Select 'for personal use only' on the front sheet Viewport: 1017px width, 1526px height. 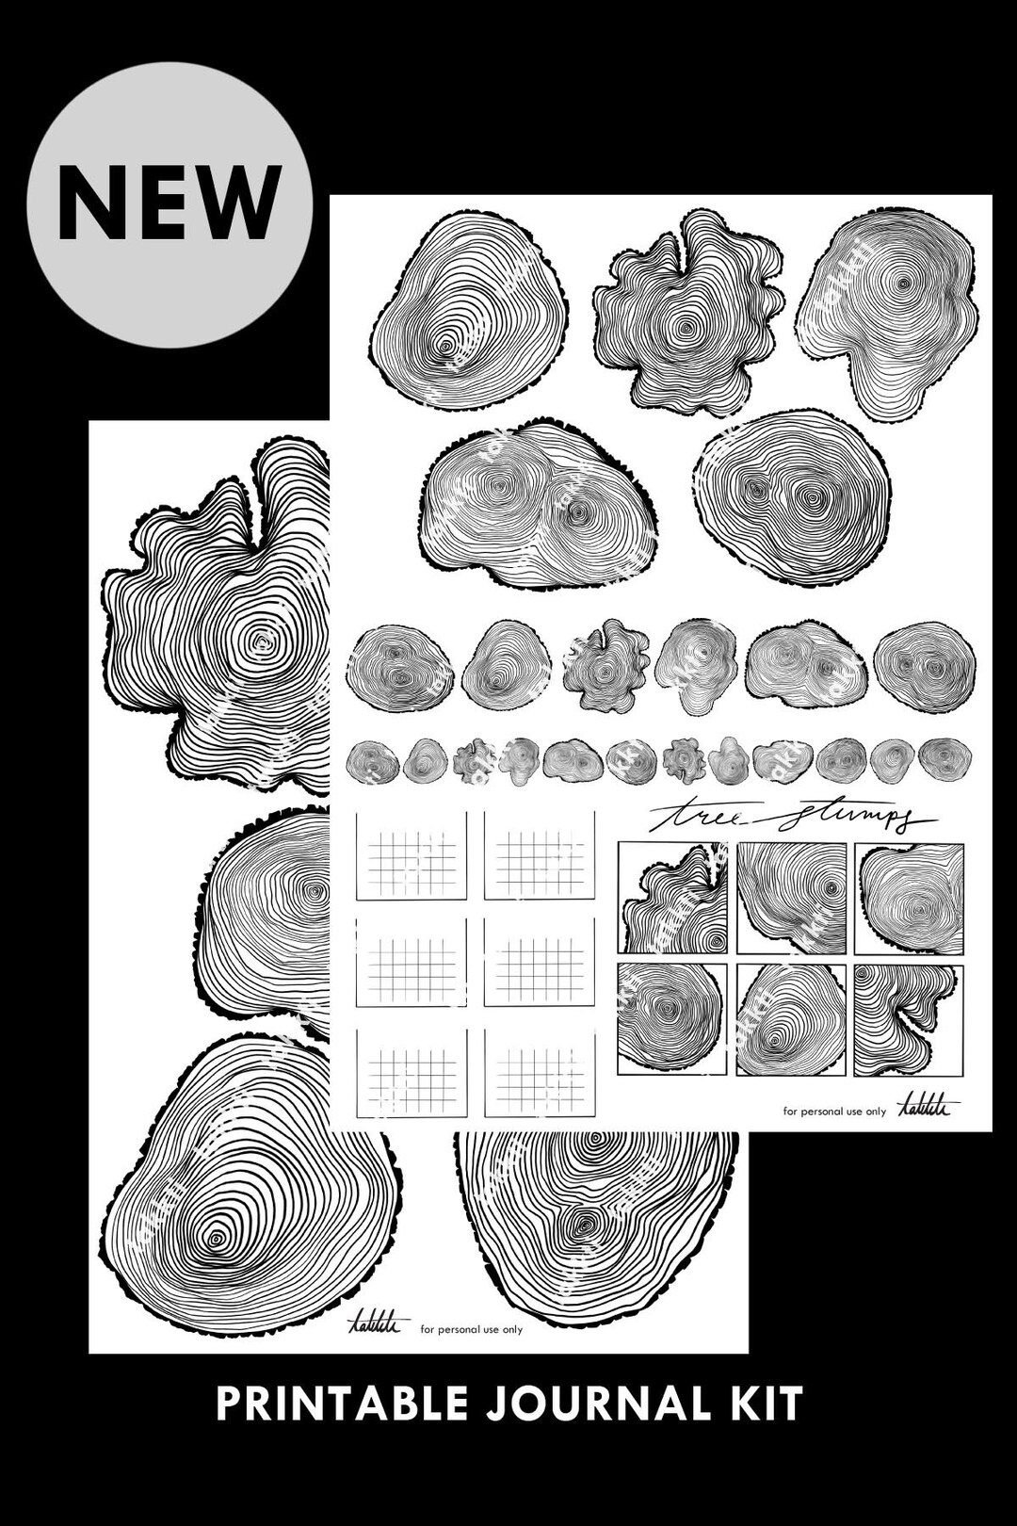(834, 1112)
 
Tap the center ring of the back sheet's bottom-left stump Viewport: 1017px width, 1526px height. (218, 1236)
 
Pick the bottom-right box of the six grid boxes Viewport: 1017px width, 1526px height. (540, 1075)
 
